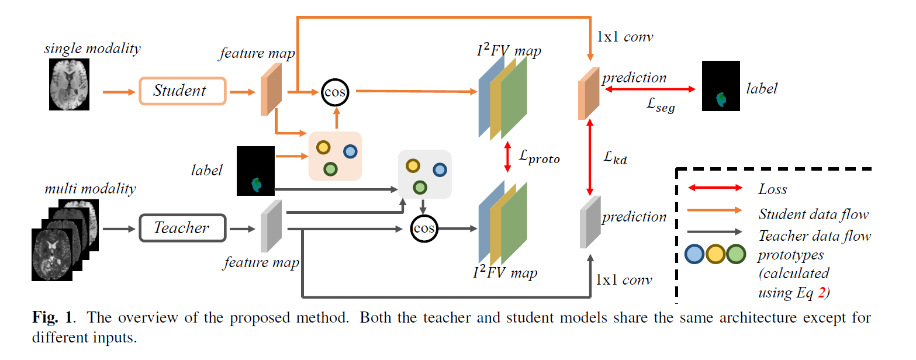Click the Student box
coord(182,91)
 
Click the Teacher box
coord(182,228)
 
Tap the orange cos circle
coord(334,92)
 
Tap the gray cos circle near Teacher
coord(424,229)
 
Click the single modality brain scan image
coord(69,86)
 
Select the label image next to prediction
coord(720,86)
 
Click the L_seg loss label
coord(661,106)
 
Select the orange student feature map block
coord(271,89)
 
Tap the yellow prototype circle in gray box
coord(413,166)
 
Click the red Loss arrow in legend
coord(714,188)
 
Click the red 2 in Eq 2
coord(821,293)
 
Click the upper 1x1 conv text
coord(624,37)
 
